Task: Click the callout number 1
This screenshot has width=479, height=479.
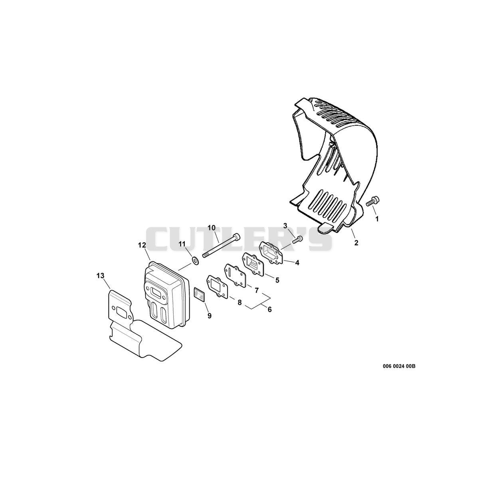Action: (x=377, y=219)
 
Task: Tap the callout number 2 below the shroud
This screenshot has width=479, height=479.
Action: (x=356, y=243)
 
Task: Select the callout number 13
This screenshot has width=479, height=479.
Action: (x=101, y=276)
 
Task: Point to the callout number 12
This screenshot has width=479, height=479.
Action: (x=142, y=245)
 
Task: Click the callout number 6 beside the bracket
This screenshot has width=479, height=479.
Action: (x=270, y=309)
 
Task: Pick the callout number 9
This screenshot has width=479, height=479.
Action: (x=209, y=316)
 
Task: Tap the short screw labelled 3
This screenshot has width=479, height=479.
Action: (x=298, y=239)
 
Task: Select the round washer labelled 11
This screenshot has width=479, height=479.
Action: (x=195, y=261)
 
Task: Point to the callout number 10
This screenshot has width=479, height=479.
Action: (x=212, y=228)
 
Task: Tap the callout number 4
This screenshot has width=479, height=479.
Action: (x=297, y=262)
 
